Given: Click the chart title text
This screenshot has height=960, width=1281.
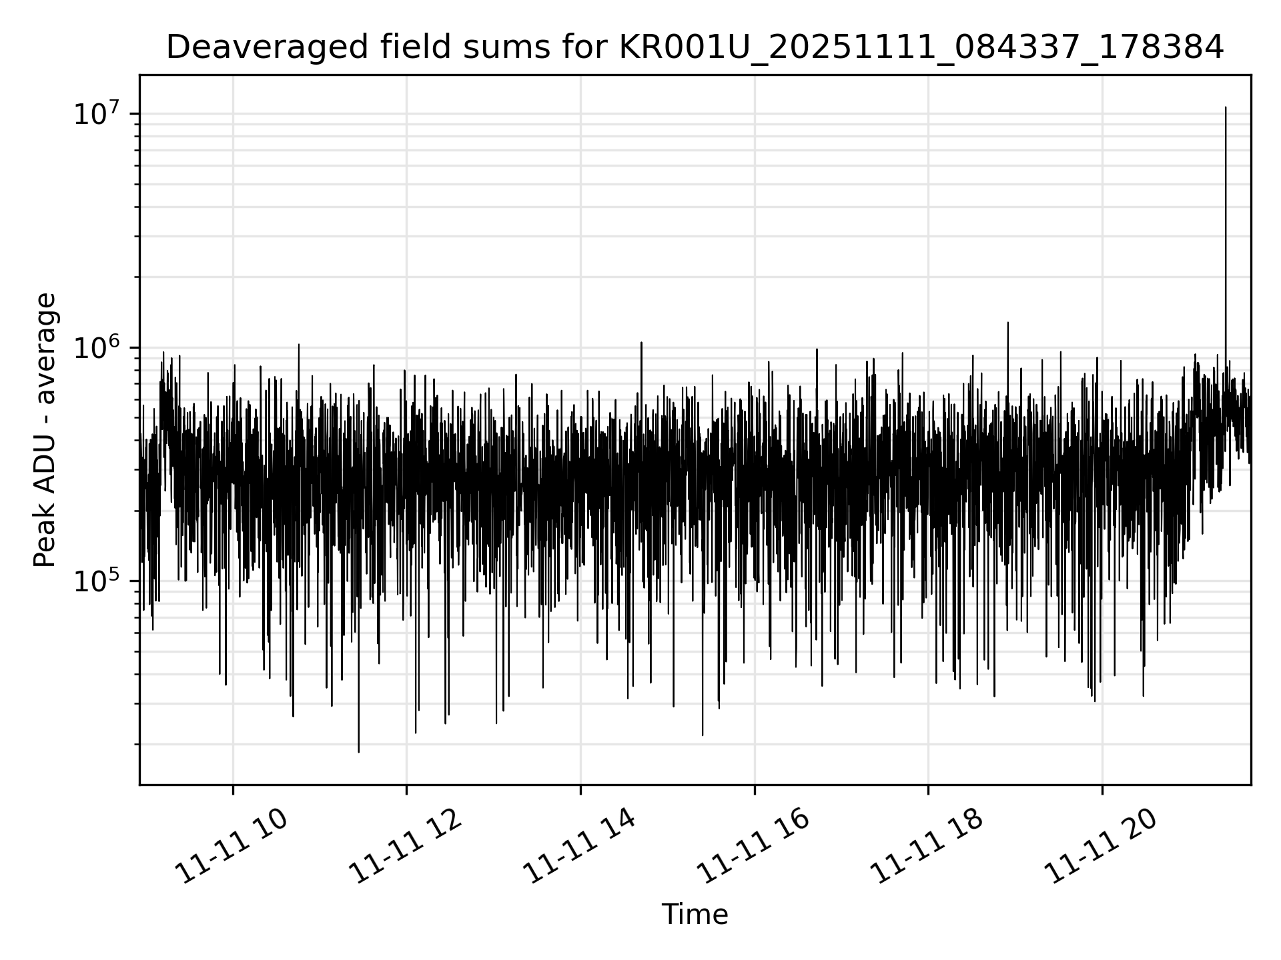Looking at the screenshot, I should coord(695,48).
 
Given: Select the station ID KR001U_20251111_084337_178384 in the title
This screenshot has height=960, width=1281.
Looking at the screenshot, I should coord(921,48).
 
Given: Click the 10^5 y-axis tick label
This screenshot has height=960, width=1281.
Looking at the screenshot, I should coord(99,581).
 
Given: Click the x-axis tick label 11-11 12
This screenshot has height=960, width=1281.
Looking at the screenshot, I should coord(405,845).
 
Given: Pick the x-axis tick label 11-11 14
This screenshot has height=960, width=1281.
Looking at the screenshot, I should coord(578,845).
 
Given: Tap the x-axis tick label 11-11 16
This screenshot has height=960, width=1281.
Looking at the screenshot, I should coord(753,845).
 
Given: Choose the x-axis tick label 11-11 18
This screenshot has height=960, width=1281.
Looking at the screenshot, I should coord(927,845).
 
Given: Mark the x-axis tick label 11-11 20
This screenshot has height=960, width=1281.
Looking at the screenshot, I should coord(1100,845).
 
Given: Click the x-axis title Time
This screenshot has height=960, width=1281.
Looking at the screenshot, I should coord(695,915).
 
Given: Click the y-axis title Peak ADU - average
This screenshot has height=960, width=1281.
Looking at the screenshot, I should coord(45,430).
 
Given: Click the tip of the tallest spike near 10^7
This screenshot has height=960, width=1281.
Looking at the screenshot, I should coord(1225,107).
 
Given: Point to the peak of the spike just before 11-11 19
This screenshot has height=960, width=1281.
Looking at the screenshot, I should coord(1007,323).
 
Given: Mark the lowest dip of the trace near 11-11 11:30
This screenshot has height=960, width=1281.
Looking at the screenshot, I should coord(358,751).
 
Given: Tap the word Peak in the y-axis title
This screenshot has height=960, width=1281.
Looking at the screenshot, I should coord(45,543).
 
